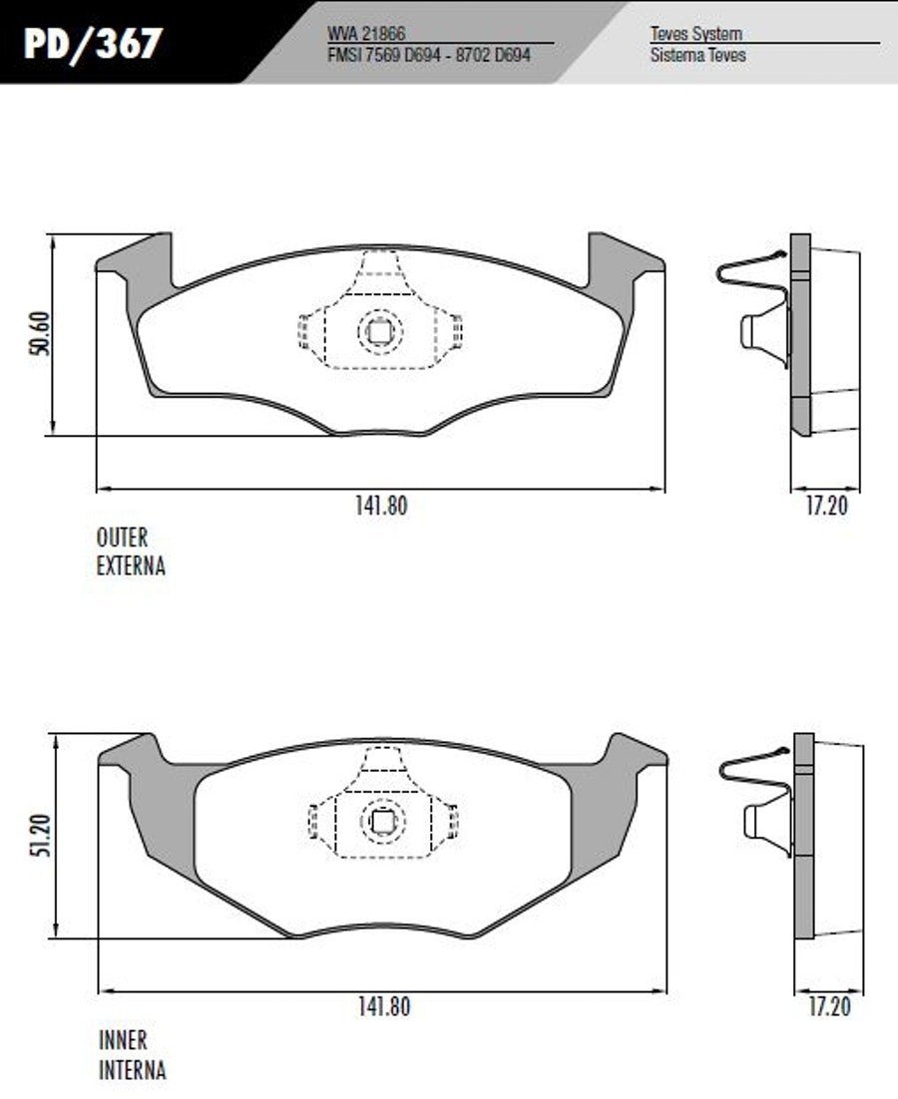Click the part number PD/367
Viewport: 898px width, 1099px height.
93,44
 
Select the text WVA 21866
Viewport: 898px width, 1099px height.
366,34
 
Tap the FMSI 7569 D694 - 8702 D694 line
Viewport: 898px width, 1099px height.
429,55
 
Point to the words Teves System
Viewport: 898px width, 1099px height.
696,33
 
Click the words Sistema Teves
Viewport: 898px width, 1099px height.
698,55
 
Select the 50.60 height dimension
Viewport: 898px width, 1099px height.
41,334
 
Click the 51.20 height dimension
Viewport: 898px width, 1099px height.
43,836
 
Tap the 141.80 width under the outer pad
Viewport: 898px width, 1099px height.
381,506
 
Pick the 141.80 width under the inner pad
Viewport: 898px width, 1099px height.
384,1007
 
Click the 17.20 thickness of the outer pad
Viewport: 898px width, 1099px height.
826,506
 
